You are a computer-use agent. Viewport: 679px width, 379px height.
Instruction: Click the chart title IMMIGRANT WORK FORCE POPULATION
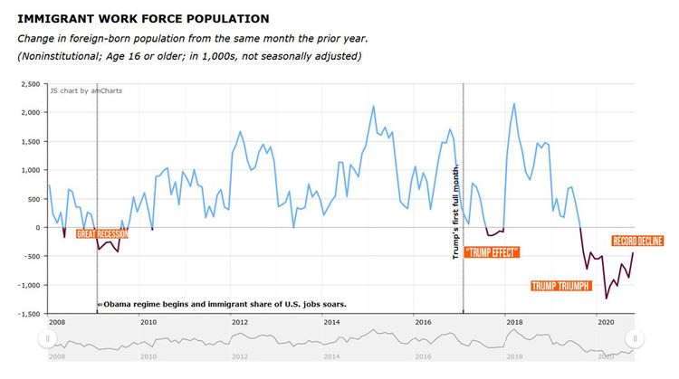143,18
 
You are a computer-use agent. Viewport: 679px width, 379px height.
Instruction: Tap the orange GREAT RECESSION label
102,234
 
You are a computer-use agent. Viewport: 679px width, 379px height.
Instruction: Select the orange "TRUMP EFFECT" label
492,252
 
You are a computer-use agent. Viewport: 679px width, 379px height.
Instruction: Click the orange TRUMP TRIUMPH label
561,287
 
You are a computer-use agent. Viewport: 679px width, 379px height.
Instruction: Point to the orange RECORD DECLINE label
638,242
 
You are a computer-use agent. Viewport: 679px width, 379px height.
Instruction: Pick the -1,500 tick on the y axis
27,314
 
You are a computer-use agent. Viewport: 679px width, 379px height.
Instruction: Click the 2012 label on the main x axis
240,322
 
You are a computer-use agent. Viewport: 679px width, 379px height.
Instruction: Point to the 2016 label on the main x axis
423,322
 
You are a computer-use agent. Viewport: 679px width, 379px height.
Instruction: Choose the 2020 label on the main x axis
606,322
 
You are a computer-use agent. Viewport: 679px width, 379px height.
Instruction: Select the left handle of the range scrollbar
48,338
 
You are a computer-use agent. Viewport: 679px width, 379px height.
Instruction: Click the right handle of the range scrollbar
636,338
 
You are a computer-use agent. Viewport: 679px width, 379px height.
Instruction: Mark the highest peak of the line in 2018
514,104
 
